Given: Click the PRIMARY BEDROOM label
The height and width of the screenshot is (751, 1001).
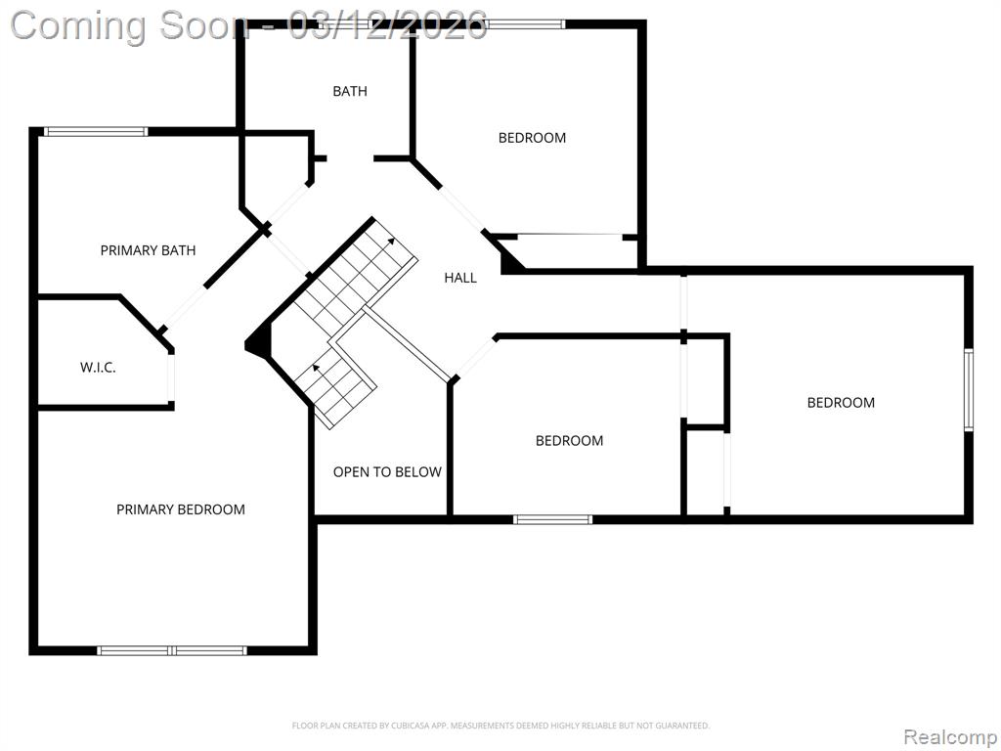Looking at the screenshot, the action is click(x=181, y=509).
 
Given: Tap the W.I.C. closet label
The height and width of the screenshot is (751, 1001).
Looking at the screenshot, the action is click(x=98, y=368).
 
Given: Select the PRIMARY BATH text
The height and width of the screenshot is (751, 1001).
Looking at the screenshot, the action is click(x=149, y=250).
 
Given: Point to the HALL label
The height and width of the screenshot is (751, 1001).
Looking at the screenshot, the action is click(x=460, y=278).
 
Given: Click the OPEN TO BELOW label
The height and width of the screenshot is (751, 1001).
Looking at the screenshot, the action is click(x=387, y=472).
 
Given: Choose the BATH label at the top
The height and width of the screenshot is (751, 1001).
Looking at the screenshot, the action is click(x=350, y=91).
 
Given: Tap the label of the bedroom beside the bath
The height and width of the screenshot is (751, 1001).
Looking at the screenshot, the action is click(x=532, y=138).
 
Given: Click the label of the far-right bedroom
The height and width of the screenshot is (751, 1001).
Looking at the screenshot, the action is click(x=841, y=402).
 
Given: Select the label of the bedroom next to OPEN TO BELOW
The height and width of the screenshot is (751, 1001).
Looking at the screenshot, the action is click(x=569, y=441).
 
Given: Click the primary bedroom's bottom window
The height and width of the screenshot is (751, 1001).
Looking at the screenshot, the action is click(x=172, y=650).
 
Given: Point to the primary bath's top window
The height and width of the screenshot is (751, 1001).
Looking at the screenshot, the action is click(x=96, y=132).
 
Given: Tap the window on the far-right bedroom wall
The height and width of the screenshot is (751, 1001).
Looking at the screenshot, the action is click(x=969, y=389).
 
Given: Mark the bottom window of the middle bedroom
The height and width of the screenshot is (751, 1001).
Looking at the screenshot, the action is click(x=553, y=520).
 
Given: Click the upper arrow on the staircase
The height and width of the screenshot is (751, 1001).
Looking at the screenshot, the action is click(x=389, y=243).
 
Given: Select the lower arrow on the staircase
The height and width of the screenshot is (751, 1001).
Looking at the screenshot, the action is click(x=316, y=368).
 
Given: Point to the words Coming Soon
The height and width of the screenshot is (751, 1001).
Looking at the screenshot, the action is click(x=129, y=26).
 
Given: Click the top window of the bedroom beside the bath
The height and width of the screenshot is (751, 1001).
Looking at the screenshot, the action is click(x=525, y=24).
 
